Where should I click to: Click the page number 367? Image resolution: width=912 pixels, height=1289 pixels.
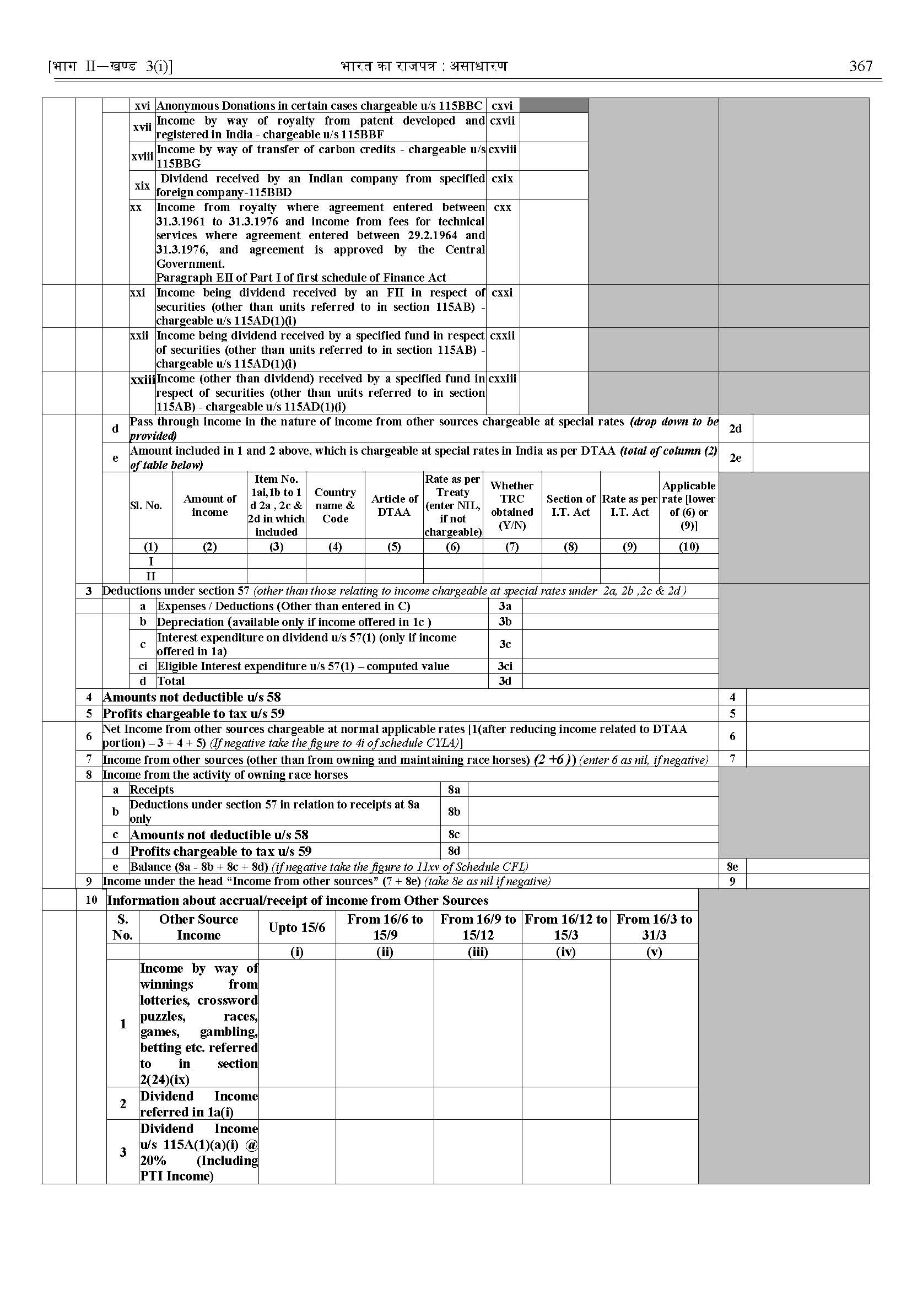pos(861,66)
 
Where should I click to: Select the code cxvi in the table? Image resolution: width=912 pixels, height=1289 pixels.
pos(502,106)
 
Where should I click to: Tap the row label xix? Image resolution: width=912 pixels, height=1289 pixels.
pos(142,185)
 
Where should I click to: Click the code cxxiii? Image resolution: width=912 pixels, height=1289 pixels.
pos(503,379)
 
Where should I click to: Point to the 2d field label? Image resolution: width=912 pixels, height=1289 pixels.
pos(735,429)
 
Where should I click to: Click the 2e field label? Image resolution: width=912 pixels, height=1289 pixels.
pos(735,458)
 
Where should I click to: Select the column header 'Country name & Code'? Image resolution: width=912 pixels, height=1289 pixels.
pos(335,505)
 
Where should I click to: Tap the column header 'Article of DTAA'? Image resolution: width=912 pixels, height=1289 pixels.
pos(394,505)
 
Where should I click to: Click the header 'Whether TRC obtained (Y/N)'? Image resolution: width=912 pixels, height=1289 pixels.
pos(511,505)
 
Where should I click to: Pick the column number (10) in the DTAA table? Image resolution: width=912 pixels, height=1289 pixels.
pos(688,547)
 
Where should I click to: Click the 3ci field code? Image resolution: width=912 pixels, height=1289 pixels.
pos(505,666)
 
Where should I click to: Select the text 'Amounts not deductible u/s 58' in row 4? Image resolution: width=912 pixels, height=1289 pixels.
pos(192,697)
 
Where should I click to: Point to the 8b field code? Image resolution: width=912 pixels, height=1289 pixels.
pos(454,811)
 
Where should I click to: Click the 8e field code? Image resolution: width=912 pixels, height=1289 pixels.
pos(732,867)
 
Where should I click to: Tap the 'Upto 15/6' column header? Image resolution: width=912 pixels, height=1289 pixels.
pos(297,927)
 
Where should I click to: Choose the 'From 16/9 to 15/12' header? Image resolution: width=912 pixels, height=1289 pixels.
pos(477,927)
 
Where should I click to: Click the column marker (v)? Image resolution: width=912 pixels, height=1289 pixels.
pos(654,951)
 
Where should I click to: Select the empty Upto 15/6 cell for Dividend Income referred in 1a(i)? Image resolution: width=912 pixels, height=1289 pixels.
pos(297,1104)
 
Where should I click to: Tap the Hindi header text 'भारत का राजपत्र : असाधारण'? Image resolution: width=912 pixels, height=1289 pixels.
pos(424,66)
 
